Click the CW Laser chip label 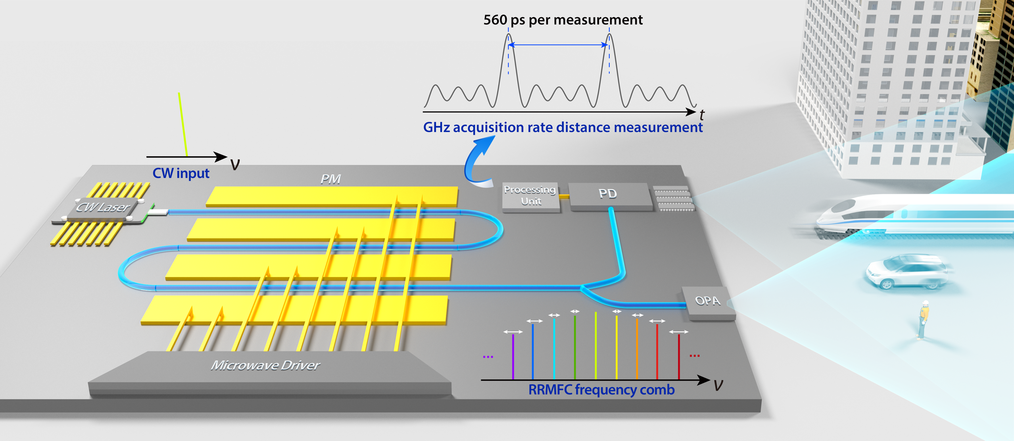coord(103,207)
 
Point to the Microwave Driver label coord(265,365)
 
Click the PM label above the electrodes coord(330,179)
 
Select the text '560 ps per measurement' coord(563,20)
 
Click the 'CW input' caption coord(181,173)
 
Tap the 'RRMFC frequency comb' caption coord(601,390)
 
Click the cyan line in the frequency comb coord(554,349)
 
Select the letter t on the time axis coord(702,115)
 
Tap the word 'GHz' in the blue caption coord(436,127)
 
